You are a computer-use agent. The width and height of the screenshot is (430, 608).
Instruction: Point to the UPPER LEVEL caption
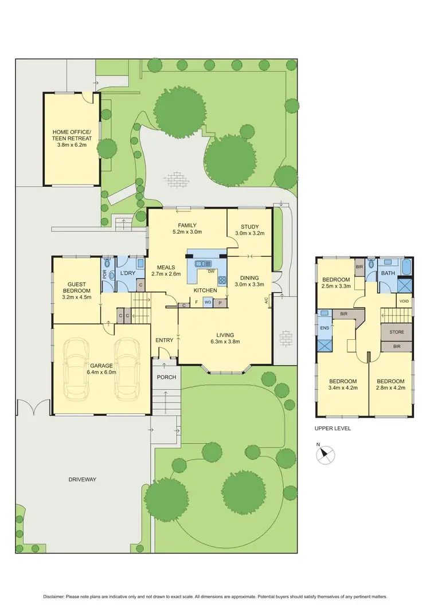pos(333,428)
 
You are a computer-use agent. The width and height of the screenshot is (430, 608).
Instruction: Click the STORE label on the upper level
pos(397,332)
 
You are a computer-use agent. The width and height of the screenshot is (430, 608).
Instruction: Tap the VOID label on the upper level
pos(404,300)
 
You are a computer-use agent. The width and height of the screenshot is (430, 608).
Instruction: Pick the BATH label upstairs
pos(388,273)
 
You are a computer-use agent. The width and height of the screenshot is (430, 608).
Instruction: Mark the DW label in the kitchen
pos(210,271)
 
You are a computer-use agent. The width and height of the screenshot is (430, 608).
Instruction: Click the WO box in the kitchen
pos(208,302)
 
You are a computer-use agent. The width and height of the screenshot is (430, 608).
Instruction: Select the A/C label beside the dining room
pos(267,300)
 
